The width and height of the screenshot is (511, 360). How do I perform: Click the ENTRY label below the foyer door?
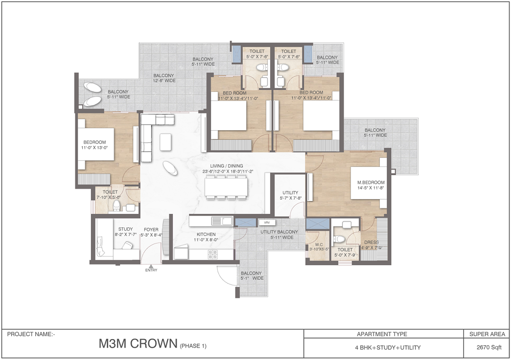click(x=151, y=270)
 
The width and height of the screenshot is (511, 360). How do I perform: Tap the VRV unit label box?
click(x=267, y=223)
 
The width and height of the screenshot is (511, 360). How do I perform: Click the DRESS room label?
click(x=371, y=243)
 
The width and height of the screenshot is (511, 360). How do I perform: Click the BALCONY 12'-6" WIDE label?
click(x=164, y=78)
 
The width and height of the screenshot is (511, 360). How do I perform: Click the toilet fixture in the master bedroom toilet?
click(x=338, y=238)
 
